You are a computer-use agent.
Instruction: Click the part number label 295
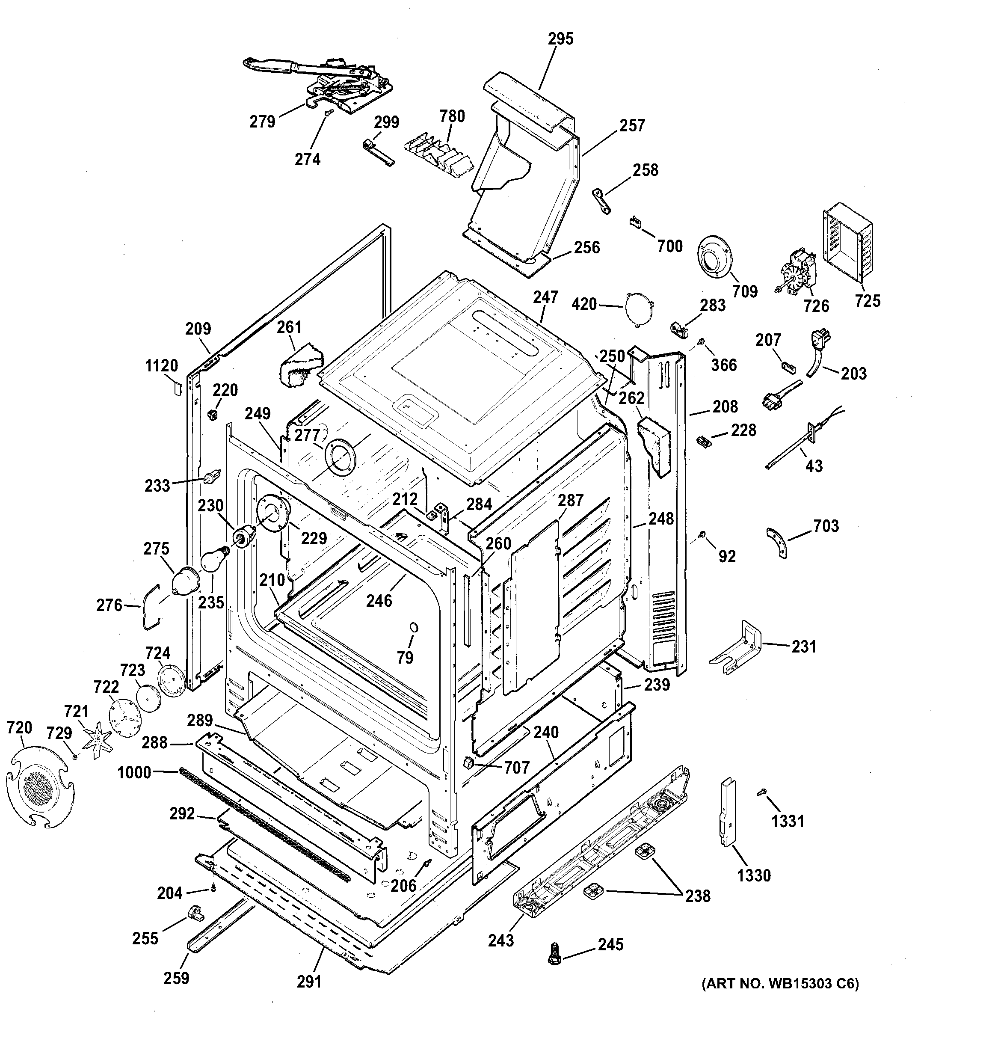pyautogui.click(x=560, y=39)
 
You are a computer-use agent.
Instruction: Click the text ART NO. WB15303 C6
pyautogui.click(x=780, y=984)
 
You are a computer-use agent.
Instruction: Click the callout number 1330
pyautogui.click(x=754, y=875)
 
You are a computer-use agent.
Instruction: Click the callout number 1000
pyautogui.click(x=134, y=772)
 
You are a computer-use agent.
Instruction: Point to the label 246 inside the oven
pyautogui.click(x=379, y=601)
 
